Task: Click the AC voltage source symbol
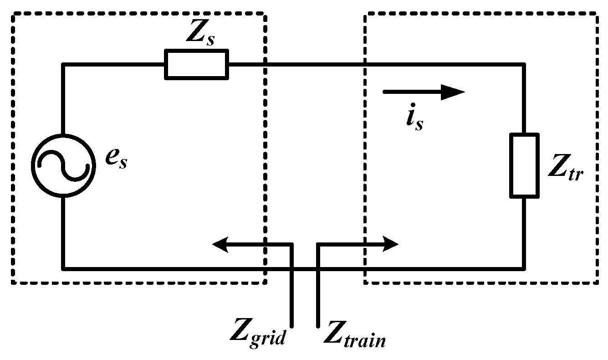coord(63,165)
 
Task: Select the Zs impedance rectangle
coord(196,65)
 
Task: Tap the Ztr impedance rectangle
coord(524,165)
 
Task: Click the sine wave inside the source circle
coord(63,165)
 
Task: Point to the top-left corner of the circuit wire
coord(63,65)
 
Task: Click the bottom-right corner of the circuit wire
coord(524,268)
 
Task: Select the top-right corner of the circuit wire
coord(524,65)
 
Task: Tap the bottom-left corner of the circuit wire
coord(63,268)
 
